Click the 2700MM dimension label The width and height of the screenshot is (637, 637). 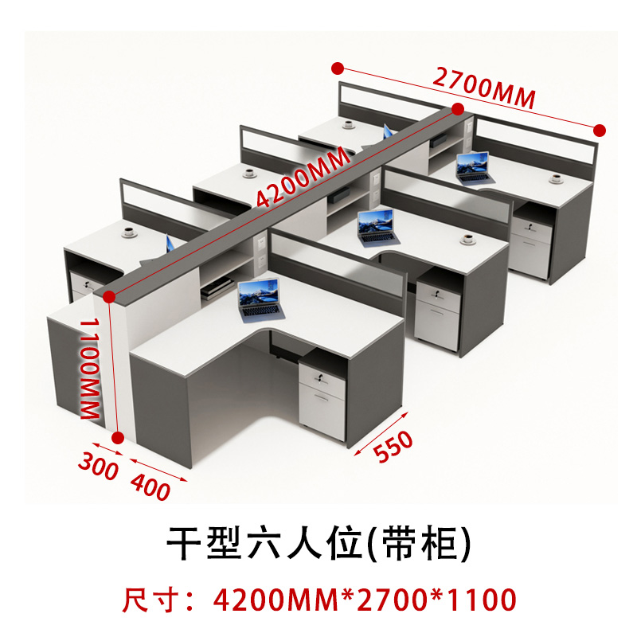pyautogui.click(x=483, y=87)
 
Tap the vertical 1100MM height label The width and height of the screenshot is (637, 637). pyautogui.click(x=88, y=366)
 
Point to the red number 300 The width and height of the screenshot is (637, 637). pyautogui.click(x=98, y=464)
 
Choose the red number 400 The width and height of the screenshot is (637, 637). pyautogui.click(x=150, y=486)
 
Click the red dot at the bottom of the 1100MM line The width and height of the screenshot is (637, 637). pyautogui.click(x=118, y=437)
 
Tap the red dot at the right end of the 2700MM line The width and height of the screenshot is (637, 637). pyautogui.click(x=600, y=130)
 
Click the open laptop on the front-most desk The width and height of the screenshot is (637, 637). pyautogui.click(x=260, y=299)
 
